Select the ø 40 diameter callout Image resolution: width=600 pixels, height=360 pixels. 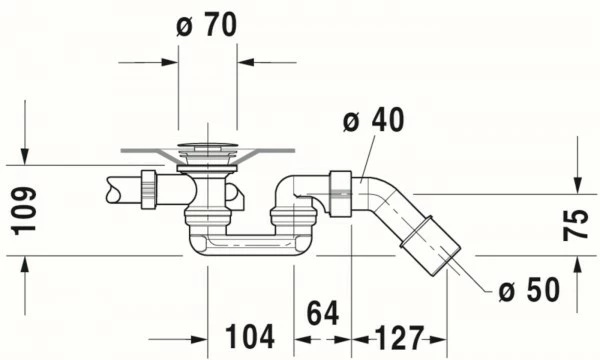click(x=372, y=121)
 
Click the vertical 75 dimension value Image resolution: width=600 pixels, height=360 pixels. click(x=576, y=222)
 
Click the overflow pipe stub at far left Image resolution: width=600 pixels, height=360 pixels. click(x=120, y=188)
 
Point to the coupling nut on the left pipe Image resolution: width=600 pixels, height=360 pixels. click(x=148, y=188)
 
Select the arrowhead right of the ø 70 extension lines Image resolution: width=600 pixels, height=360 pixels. click(x=247, y=62)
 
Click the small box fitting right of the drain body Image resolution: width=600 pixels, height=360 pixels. click(x=236, y=195)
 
